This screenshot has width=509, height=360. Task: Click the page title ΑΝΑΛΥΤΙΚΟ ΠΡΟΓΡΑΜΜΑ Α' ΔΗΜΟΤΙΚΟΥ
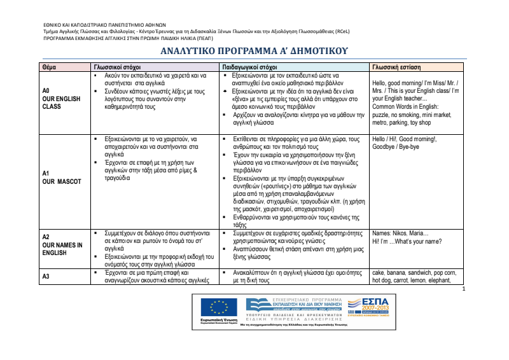tap(253, 51)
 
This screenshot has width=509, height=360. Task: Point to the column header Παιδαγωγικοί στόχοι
tap(249, 67)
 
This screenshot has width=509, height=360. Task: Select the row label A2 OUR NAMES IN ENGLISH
tap(62, 245)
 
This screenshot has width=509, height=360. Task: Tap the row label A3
tap(46, 276)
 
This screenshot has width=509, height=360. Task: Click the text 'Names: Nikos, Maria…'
tap(400, 233)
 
